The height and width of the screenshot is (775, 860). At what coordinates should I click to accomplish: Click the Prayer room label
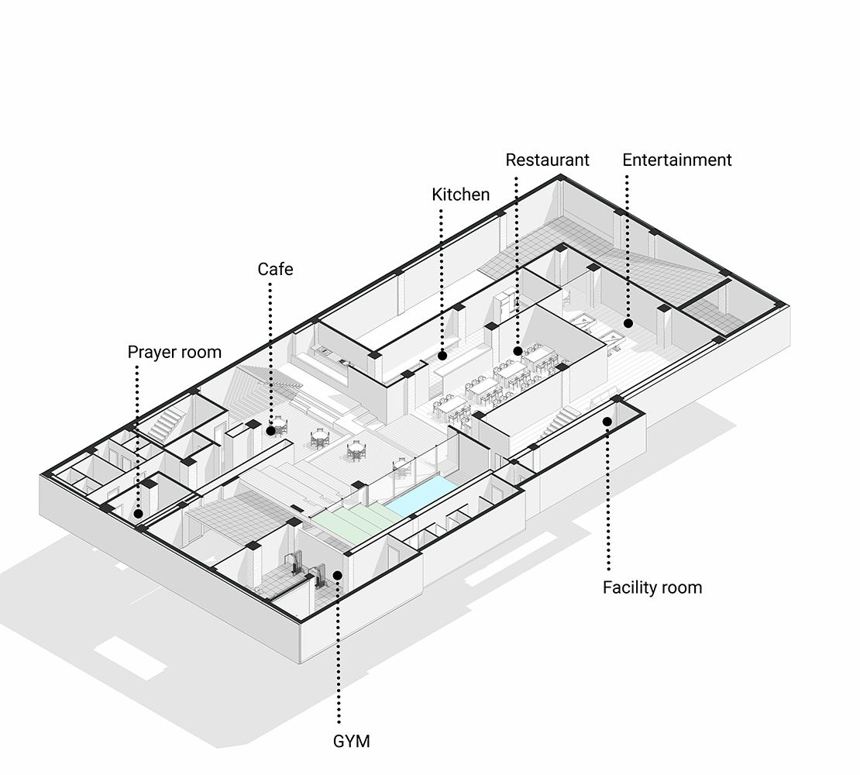(x=174, y=353)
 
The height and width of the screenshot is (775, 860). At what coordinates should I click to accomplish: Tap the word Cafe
(x=275, y=270)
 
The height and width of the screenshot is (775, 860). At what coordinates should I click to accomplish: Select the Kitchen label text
(x=460, y=195)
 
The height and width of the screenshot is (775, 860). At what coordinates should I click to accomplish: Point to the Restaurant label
(x=547, y=160)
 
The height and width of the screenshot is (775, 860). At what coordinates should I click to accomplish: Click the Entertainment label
(x=676, y=160)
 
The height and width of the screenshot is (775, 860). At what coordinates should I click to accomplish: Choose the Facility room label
(x=652, y=587)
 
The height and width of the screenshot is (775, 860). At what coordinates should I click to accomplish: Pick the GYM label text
(x=351, y=741)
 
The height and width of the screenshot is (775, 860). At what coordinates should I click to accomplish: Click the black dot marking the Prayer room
(x=137, y=513)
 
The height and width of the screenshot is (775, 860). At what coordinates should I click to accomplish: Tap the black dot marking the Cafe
(x=270, y=430)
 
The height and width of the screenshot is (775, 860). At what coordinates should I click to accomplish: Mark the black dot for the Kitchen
(x=442, y=356)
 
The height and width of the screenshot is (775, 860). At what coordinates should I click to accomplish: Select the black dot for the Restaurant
(x=518, y=352)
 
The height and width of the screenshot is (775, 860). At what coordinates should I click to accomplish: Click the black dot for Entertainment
(x=628, y=322)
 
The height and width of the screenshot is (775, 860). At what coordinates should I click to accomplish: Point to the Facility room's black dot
(x=607, y=422)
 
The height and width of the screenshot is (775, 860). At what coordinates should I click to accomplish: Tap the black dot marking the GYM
(x=338, y=574)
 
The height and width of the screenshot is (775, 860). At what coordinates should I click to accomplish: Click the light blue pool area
(x=419, y=497)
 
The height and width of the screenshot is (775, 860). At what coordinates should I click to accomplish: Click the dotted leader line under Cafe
(x=270, y=349)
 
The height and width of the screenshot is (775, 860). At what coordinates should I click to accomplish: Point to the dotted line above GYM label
(x=338, y=651)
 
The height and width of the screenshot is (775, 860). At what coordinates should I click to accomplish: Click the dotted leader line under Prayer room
(x=137, y=434)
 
